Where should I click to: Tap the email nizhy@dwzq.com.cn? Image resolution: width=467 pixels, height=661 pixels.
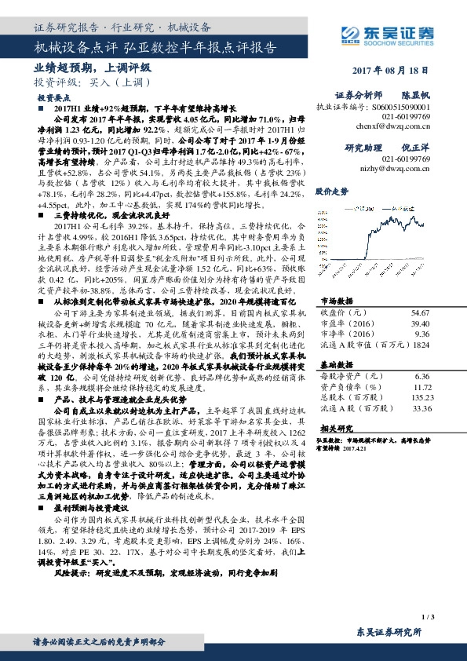(x=400, y=168)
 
